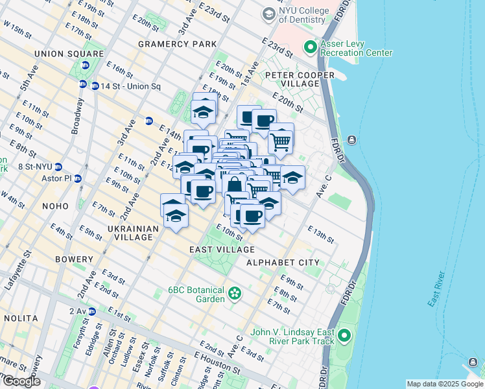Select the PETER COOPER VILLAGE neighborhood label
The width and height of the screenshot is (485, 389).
pos(299,75)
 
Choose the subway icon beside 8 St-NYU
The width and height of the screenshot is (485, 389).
pos(58,167)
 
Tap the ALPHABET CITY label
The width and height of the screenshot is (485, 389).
pos(283,263)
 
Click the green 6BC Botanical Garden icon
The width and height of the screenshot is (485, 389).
pos(233,295)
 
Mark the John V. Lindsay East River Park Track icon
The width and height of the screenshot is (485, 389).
pos(344,336)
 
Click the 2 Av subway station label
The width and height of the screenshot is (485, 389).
pos(82,312)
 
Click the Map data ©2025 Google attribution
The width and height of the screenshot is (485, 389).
pos(445,384)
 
